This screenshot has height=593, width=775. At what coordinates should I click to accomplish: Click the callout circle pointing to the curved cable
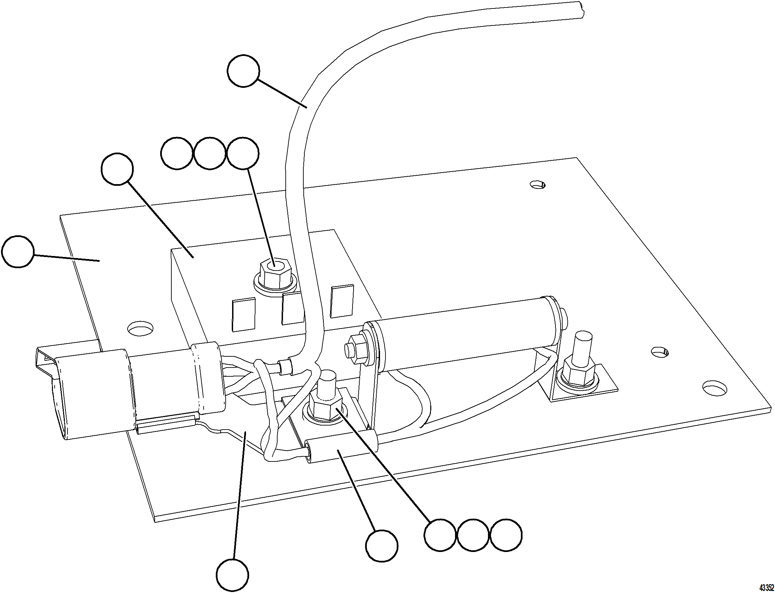243,71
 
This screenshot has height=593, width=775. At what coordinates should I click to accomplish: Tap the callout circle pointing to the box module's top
117,169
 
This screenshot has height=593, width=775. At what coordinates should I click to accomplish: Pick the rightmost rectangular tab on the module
342,301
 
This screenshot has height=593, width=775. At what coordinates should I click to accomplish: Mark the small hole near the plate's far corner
537,184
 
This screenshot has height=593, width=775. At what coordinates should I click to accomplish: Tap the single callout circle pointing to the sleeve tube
381,546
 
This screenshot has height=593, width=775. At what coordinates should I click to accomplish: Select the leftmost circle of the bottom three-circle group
440,535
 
